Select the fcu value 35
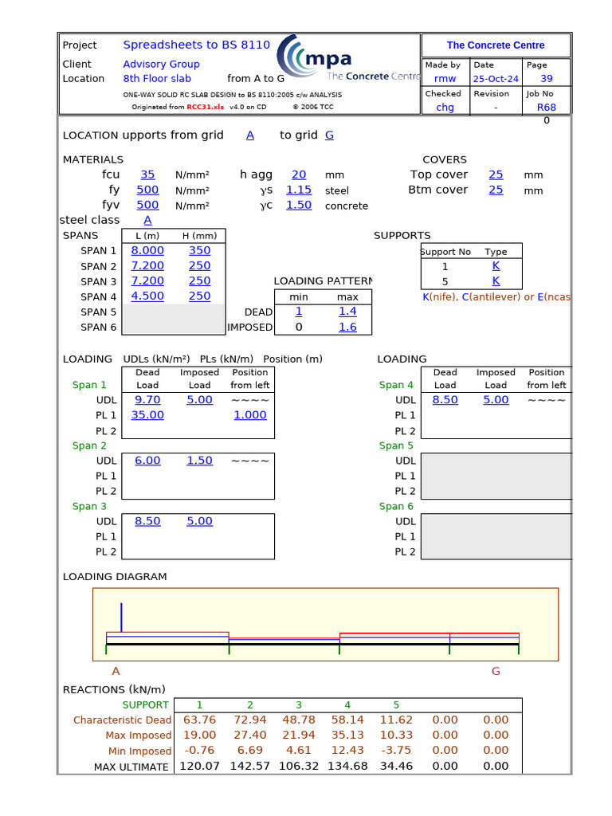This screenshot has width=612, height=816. pos(147,175)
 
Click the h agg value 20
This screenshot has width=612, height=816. pos(298,175)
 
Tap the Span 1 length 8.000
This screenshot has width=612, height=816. pos(147,250)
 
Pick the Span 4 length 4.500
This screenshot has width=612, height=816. pos(147,296)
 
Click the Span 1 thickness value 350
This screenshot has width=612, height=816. pos(199,250)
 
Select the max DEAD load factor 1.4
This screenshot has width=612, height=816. pos(347,312)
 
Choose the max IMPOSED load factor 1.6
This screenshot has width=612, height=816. pos(347,327)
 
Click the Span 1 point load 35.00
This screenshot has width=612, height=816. pos(147,415)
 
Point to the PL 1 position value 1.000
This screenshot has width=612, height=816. pos(250,415)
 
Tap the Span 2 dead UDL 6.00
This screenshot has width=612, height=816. pos(147,461)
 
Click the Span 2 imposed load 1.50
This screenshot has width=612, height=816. pos(199,461)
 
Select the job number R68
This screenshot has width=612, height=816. pos(547,108)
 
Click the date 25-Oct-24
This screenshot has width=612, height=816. pos(495,79)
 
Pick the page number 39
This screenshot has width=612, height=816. pos(547,79)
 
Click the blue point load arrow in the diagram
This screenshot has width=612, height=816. pos(121,617)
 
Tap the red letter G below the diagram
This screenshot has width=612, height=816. pos(496,671)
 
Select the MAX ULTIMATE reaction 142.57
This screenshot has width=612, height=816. pos(249,766)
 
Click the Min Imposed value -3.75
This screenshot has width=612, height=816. pos(396,750)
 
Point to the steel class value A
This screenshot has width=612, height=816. pos(147,220)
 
